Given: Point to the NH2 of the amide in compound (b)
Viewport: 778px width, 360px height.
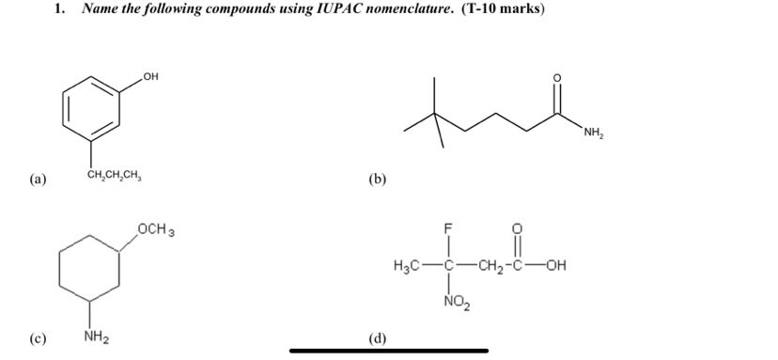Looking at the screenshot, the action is (593, 132).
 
